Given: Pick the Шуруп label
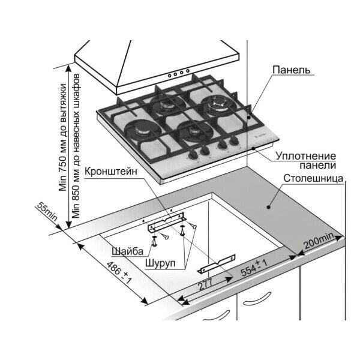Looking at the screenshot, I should tap(160, 263).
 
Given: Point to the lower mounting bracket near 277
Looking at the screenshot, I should tap(217, 264).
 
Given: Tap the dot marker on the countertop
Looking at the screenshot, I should tap(268, 205).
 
